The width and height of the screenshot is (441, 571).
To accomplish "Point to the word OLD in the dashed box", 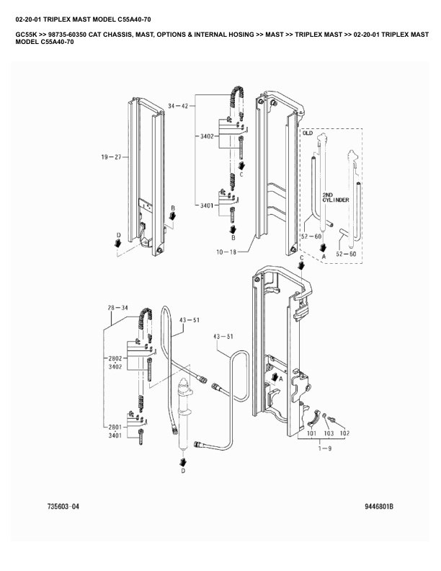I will click(308, 133).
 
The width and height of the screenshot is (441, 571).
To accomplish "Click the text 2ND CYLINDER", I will click(336, 197).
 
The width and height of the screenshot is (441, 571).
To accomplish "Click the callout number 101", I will click(311, 434).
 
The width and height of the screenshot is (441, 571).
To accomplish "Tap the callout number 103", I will click(329, 434).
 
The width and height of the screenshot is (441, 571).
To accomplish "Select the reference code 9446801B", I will click(379, 507).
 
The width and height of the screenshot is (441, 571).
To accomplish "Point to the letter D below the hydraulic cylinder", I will click(182, 471).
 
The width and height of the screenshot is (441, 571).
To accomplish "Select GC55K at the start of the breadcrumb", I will click(26, 34).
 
